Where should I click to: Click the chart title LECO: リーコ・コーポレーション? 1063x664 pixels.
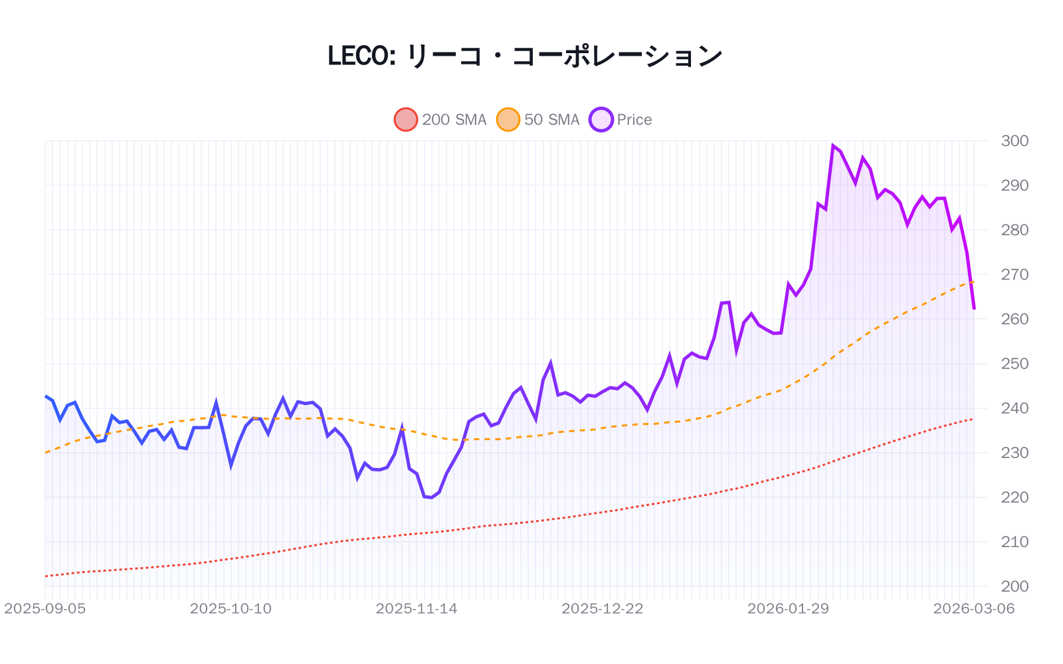pos(525,56)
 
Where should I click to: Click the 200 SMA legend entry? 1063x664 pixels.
pos(440,120)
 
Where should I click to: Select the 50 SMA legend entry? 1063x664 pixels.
pos(538,120)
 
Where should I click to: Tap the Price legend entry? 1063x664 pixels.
pos(621,120)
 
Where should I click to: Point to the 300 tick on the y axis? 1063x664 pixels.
pos(1015,141)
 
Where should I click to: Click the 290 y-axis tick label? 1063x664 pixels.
pos(1015,185)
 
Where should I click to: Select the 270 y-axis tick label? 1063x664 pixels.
pos(1015,274)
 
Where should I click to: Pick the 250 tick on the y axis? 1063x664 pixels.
pos(1015,363)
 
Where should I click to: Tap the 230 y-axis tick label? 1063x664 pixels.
pos(1015,453)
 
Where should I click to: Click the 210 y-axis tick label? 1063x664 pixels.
pos(1015,542)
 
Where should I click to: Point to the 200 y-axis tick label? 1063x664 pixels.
pos(1015,586)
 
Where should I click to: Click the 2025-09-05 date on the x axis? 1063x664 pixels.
pos(45,609)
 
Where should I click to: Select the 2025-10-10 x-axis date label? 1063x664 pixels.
pos(231,609)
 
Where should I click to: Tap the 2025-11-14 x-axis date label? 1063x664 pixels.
pos(417,609)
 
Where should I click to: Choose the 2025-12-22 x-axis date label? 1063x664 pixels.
pos(603,609)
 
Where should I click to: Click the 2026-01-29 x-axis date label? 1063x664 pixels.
pos(788,609)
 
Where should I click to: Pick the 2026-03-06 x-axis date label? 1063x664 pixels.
pos(974,609)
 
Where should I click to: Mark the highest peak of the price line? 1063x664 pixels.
pos(833,145)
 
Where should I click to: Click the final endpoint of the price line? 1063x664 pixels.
pos(974,309)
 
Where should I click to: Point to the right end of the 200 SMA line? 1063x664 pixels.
pos(973,419)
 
